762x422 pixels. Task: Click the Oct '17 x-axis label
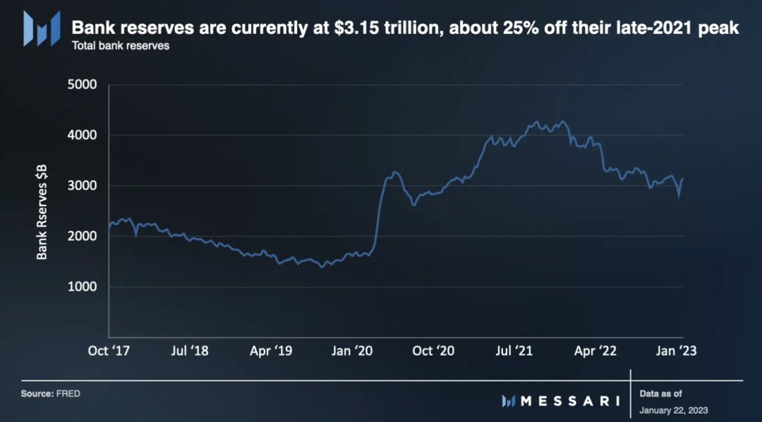109,351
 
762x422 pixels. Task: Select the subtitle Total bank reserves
121,47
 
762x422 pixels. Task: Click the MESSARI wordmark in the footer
569,401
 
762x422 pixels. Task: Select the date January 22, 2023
673,410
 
